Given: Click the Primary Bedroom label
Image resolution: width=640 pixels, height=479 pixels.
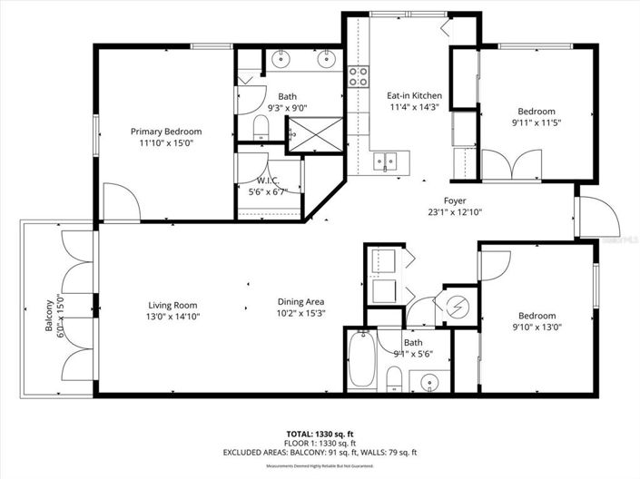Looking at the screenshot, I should click(x=165, y=132).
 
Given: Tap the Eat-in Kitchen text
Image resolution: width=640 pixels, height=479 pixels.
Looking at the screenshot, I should click(x=414, y=95).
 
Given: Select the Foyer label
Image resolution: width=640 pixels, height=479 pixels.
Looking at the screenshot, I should click(x=455, y=200).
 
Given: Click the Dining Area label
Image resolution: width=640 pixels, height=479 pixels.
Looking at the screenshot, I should click(x=301, y=302).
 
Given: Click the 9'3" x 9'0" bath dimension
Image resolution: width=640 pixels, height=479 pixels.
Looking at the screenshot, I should click(x=287, y=107).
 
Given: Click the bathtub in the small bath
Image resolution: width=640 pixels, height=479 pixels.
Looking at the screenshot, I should click(x=360, y=360).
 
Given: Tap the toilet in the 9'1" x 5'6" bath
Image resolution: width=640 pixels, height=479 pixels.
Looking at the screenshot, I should click(x=394, y=377).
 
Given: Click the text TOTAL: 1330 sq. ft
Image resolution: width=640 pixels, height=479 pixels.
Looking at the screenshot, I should click(x=320, y=435).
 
